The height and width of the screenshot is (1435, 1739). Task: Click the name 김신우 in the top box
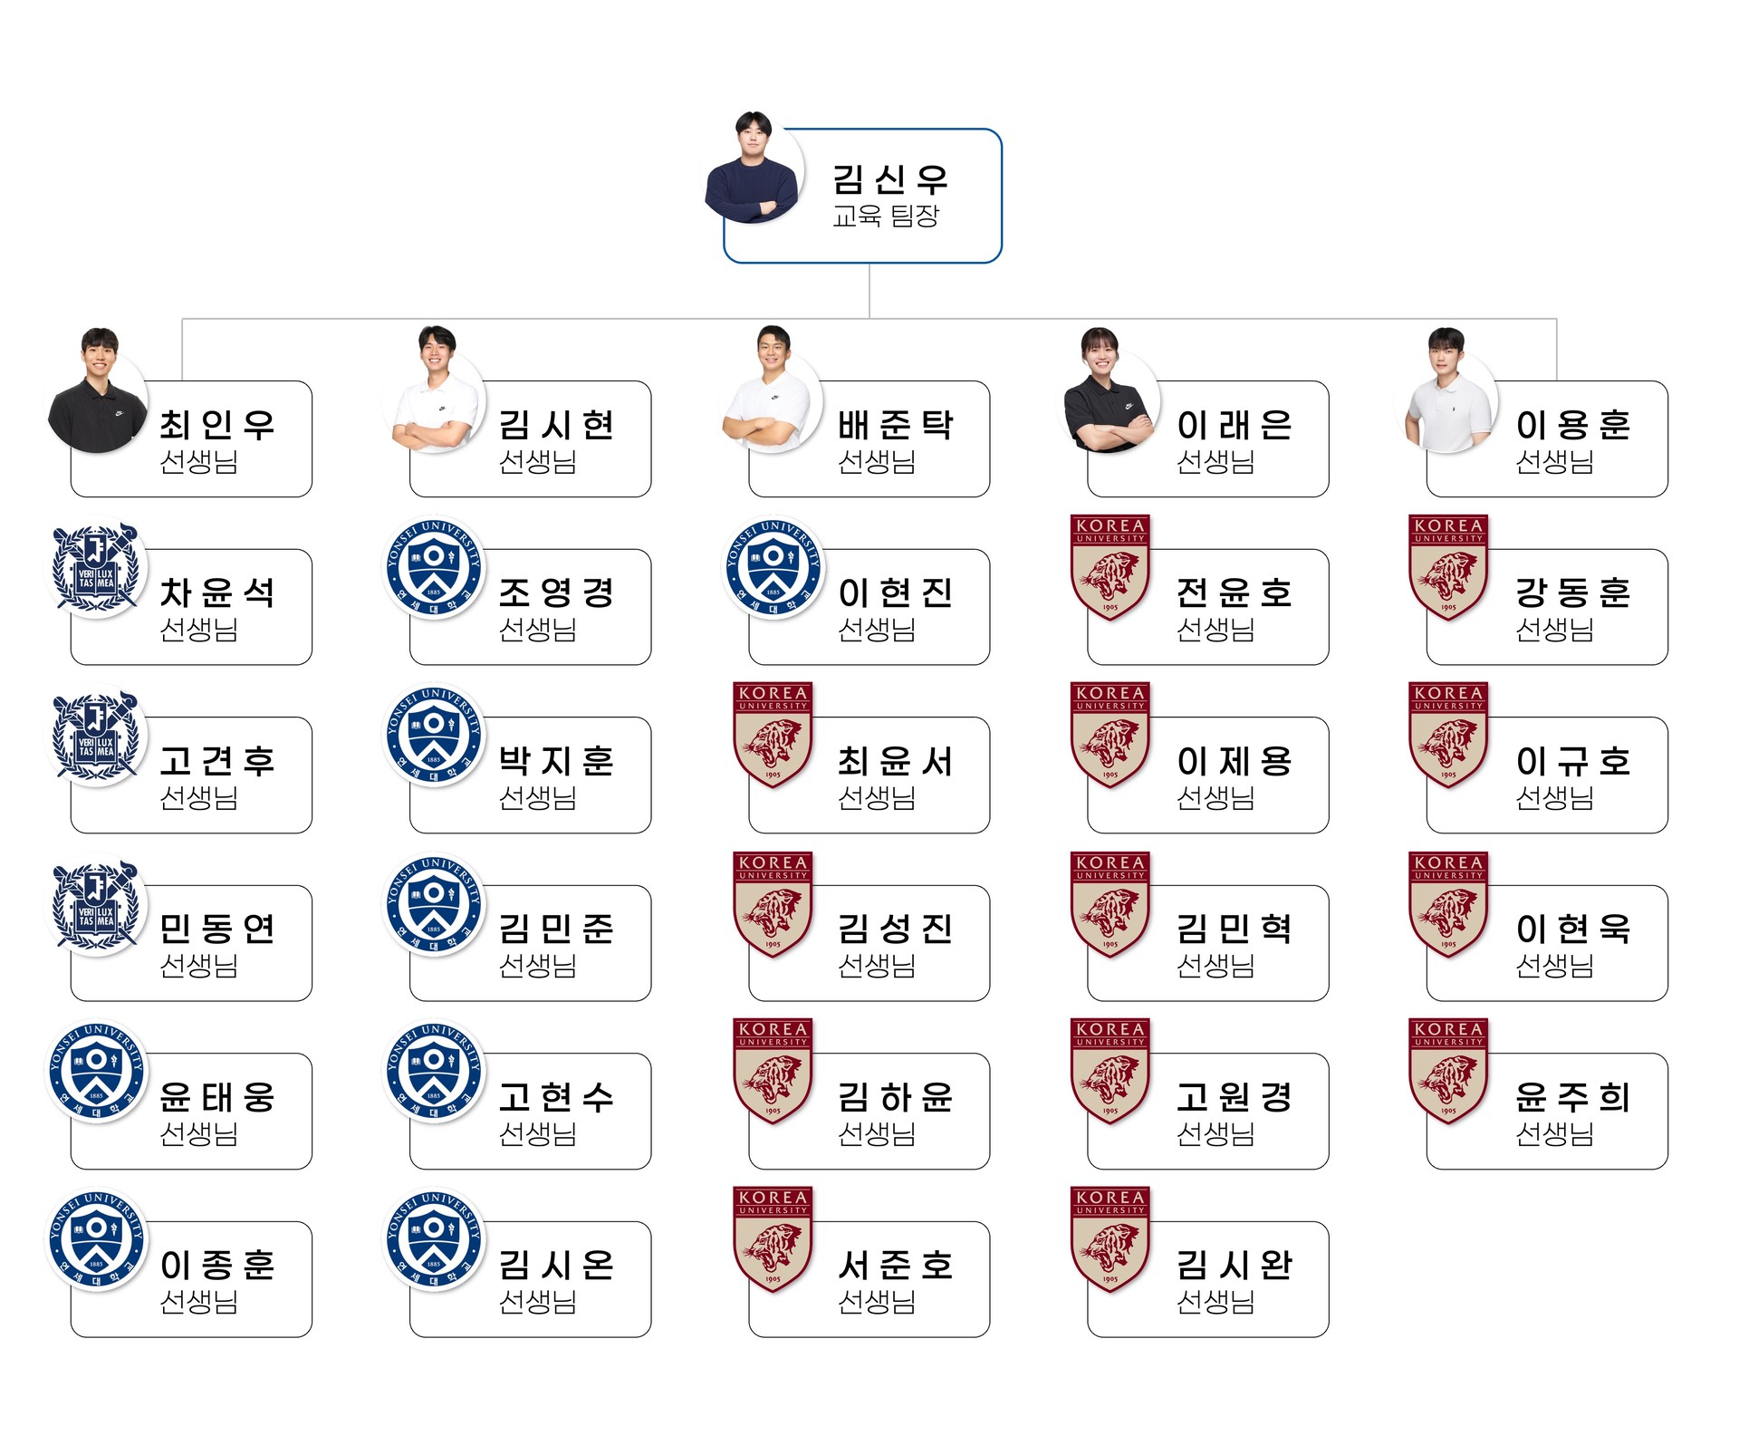click(x=889, y=179)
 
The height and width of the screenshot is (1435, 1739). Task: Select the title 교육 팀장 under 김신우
click(x=886, y=216)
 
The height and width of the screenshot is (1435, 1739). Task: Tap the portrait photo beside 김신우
click(x=753, y=168)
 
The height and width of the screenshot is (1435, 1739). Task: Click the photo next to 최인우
click(x=97, y=390)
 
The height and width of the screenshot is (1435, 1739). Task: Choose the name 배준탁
click(x=895, y=425)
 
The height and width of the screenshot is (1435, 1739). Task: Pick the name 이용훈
click(x=1573, y=425)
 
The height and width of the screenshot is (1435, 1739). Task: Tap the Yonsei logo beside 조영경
click(x=434, y=567)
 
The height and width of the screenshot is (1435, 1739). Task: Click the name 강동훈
click(x=1573, y=593)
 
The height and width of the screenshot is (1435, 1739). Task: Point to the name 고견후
click(x=217, y=761)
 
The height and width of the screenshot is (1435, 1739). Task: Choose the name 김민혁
click(x=1235, y=929)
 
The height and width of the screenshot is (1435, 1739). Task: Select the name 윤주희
click(x=1573, y=1097)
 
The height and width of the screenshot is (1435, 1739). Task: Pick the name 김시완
click(x=1235, y=1266)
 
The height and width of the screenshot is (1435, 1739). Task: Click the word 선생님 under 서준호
click(x=877, y=1302)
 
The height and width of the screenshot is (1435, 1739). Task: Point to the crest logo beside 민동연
click(x=96, y=903)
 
